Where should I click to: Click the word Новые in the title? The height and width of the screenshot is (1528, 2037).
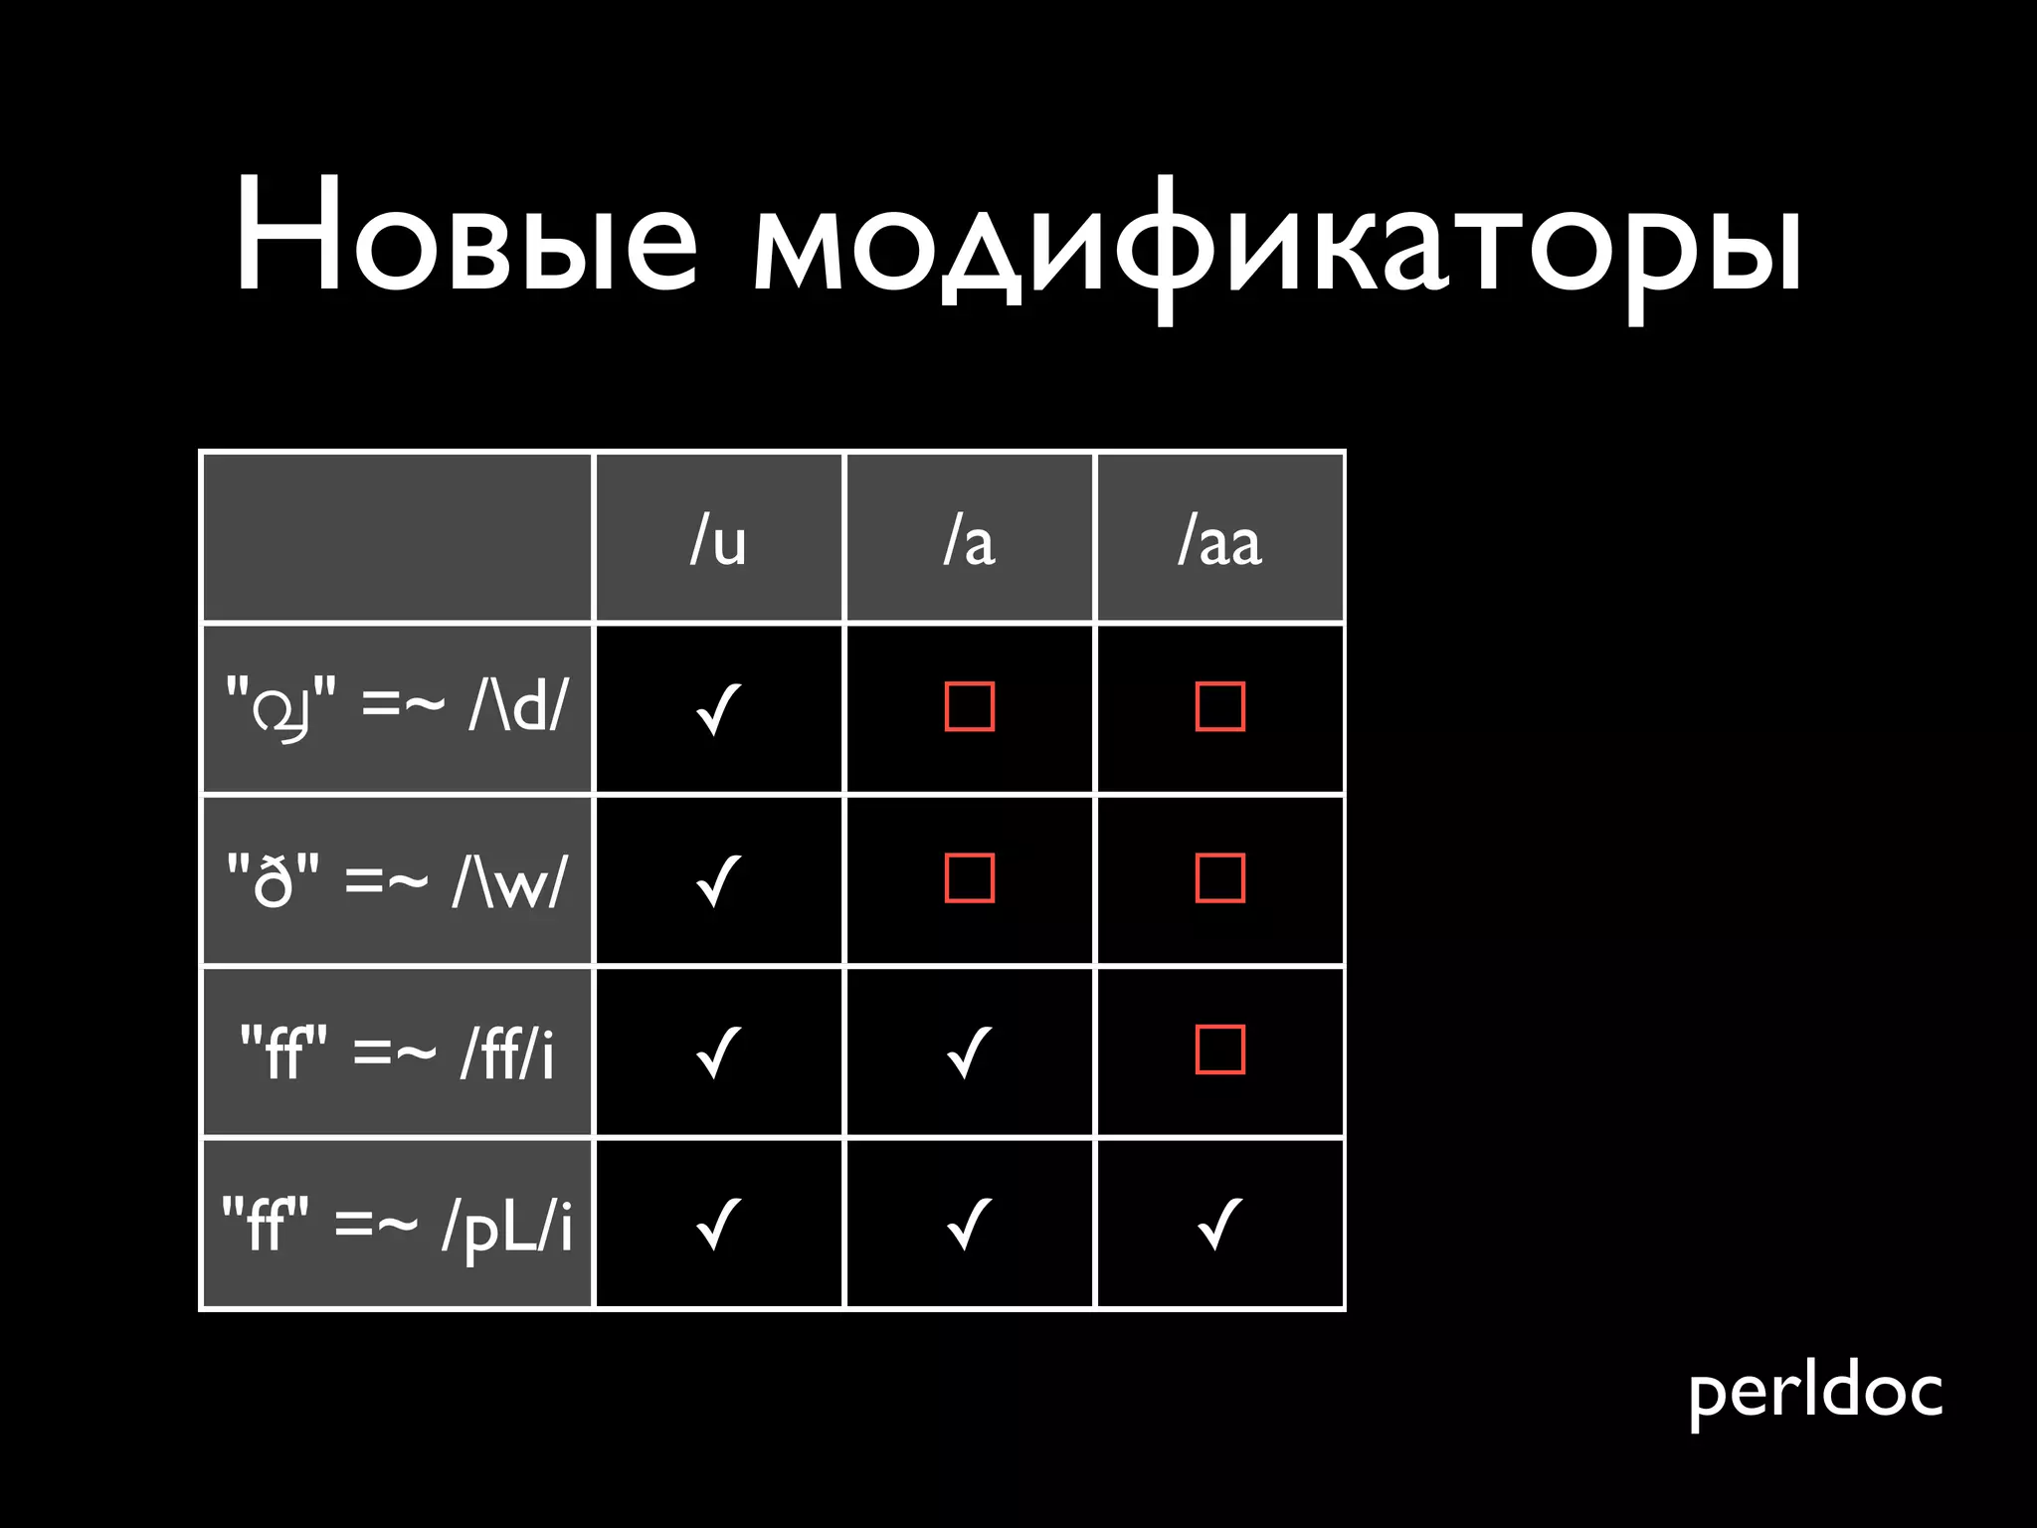pyautogui.click(x=465, y=237)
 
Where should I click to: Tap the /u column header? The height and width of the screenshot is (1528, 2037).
pyautogui.click(x=718, y=541)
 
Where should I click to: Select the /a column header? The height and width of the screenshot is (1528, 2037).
pyautogui.click(x=969, y=541)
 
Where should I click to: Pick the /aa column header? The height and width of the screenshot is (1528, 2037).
pyautogui.click(x=1219, y=541)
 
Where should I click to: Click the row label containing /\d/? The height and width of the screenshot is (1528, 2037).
pyautogui.click(x=397, y=708)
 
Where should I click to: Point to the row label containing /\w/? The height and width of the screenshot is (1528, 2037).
pyautogui.click(x=397, y=879)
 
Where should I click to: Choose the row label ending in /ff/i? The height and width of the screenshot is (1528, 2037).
pyautogui.click(x=397, y=1051)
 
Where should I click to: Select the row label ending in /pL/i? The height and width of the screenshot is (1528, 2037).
pyautogui.click(x=397, y=1224)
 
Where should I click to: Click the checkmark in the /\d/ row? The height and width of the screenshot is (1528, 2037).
pyautogui.click(x=718, y=708)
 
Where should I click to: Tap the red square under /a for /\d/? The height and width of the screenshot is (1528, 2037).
pyautogui.click(x=970, y=706)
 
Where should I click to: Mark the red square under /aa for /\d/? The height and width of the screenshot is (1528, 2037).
pyautogui.click(x=1220, y=706)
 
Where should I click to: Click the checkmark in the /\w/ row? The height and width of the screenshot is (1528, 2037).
pyautogui.click(x=718, y=879)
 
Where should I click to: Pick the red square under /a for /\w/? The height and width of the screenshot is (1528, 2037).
pyautogui.click(x=970, y=877)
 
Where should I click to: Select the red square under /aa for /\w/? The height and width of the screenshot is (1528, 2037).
pyautogui.click(x=1220, y=877)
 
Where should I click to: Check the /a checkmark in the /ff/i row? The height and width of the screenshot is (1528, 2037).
pyautogui.click(x=969, y=1051)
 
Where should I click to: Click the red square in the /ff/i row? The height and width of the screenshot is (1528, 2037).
pyautogui.click(x=1220, y=1050)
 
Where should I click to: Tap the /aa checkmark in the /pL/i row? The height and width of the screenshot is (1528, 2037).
pyautogui.click(x=1219, y=1224)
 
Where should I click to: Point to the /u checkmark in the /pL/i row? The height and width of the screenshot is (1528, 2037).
pyautogui.click(x=718, y=1224)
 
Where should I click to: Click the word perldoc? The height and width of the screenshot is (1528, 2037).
pyautogui.click(x=1815, y=1392)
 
